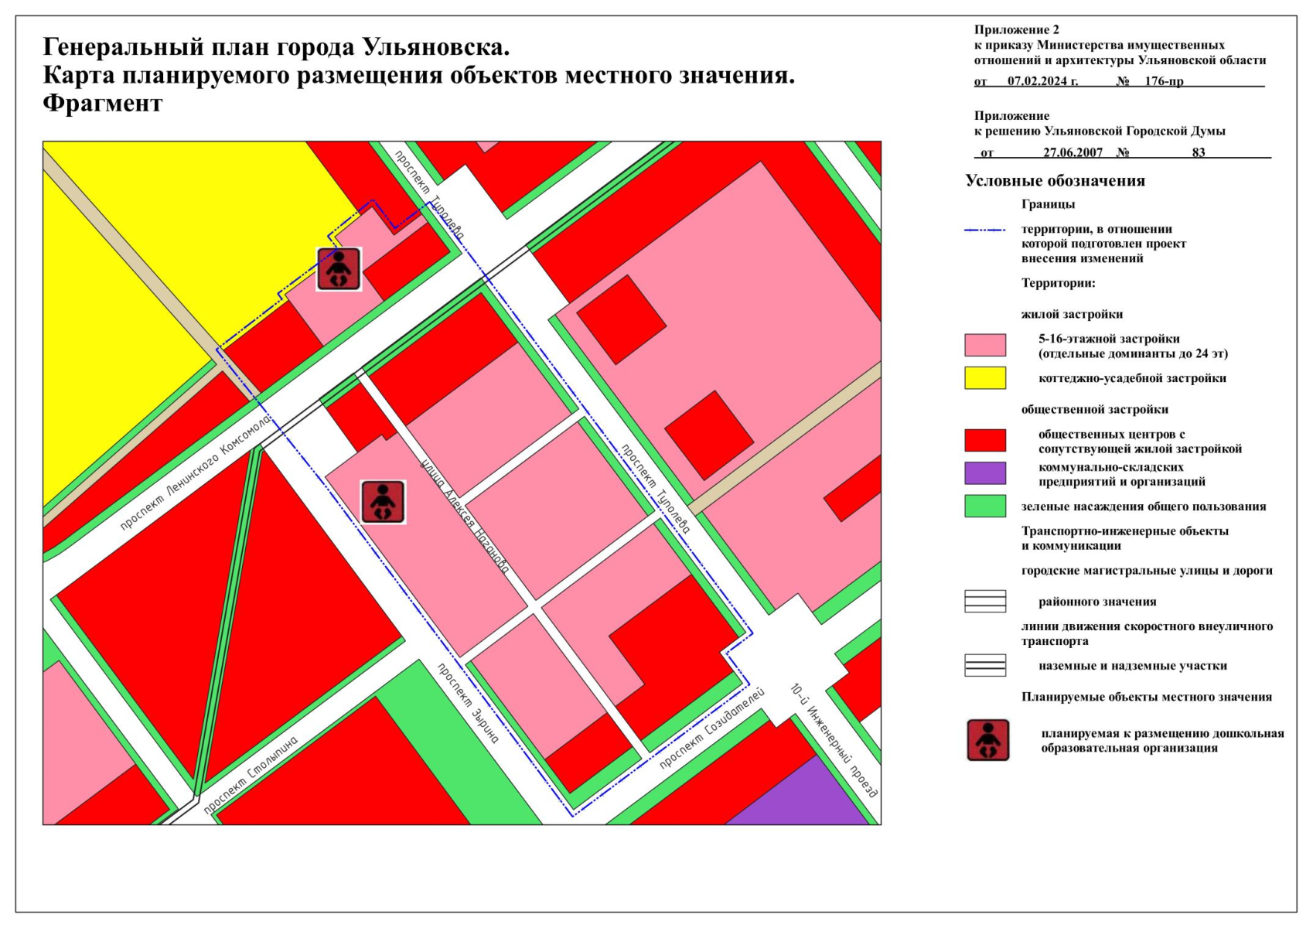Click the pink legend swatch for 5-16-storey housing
click(x=984, y=345)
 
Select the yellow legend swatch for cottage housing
click(x=984, y=378)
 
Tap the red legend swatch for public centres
click(x=984, y=440)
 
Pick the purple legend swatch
click(x=984, y=473)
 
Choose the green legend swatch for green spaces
click(x=984, y=506)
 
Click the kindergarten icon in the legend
click(x=987, y=740)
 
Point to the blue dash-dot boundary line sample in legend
click(x=984, y=230)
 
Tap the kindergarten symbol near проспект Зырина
click(x=383, y=501)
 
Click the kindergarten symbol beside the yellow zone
click(x=339, y=269)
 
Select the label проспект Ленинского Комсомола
click(x=196, y=473)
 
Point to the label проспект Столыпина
click(x=251, y=774)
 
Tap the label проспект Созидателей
click(x=711, y=728)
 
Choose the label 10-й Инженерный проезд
click(x=834, y=740)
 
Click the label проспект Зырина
click(x=468, y=703)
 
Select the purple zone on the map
click(x=804, y=797)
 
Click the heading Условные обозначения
click(x=1055, y=181)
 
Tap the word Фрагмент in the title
click(x=102, y=103)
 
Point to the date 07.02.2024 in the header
click(x=1042, y=81)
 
